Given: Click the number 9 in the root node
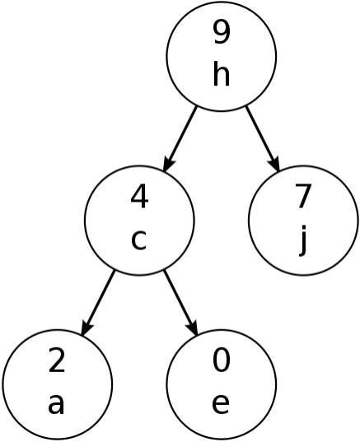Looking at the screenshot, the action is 222,32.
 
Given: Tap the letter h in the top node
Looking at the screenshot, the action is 222,73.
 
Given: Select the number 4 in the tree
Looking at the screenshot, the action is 139,197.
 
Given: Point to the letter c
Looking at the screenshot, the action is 138,240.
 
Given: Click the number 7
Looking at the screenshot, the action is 303,197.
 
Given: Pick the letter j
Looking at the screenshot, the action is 302,240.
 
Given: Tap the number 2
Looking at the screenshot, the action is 57,361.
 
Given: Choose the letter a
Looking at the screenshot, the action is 56,404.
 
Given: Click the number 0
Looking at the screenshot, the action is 222,361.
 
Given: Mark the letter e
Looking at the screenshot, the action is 221,404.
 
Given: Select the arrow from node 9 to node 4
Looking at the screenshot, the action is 180,138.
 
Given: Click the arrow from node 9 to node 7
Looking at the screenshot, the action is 263,138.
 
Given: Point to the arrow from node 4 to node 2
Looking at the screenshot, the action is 98,303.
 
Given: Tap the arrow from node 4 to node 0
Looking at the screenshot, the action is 180,303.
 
